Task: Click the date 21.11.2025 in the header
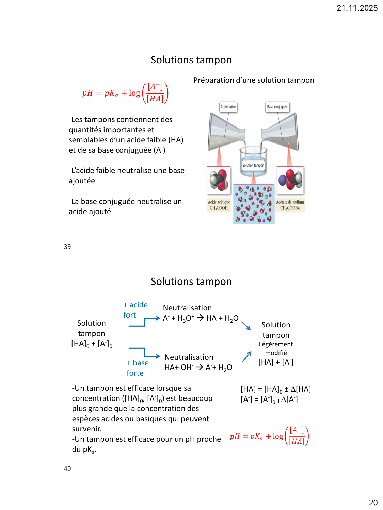[357, 8]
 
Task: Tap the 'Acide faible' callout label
[228, 107]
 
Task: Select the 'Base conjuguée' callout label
[277, 107]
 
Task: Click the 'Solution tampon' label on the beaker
[253, 165]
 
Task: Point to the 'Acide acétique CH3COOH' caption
[219, 205]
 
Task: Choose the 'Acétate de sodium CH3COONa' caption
[290, 205]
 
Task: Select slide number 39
[67, 247]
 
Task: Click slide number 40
[67, 469]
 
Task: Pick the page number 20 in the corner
[373, 503]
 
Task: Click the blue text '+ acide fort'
[135, 310]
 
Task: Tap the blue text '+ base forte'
[137, 368]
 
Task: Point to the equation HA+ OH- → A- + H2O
[198, 368]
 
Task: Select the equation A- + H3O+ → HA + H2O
[201, 318]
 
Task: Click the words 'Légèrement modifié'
[276, 348]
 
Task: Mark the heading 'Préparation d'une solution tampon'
[254, 80]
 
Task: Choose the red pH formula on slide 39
[125, 93]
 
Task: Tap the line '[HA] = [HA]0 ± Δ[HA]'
[276, 389]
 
